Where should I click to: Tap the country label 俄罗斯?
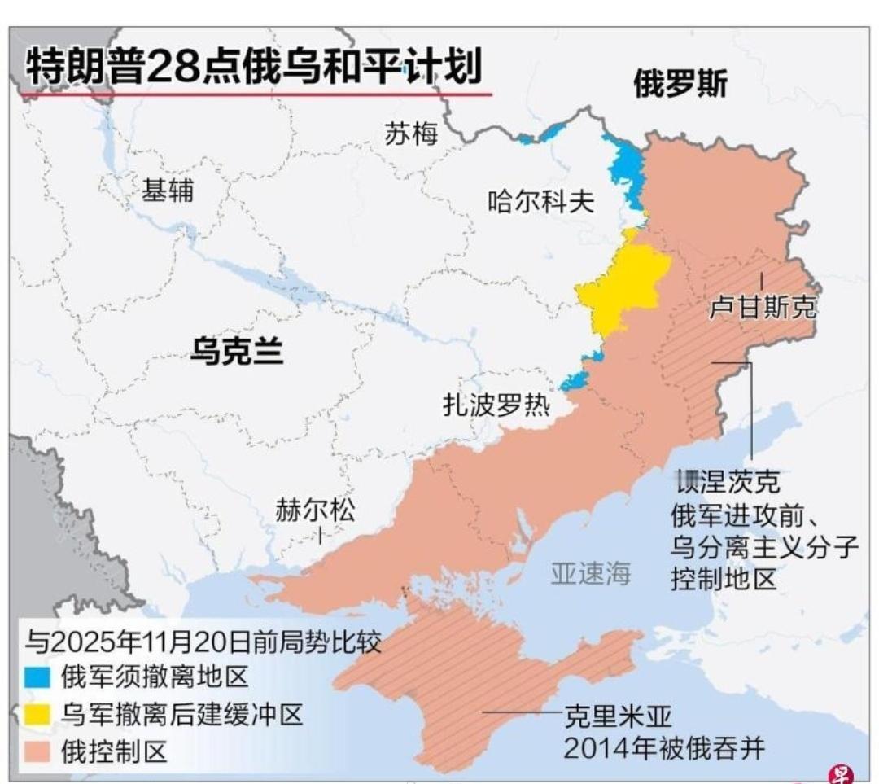[680, 84]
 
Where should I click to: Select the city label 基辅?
[168, 191]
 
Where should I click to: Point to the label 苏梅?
[411, 134]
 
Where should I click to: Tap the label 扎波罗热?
[496, 405]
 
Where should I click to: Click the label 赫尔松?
[315, 510]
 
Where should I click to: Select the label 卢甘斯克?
[762, 308]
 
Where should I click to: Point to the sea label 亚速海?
[590, 573]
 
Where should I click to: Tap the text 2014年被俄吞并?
[664, 748]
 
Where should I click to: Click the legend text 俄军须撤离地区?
[153, 677]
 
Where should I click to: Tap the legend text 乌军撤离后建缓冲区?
[181, 716]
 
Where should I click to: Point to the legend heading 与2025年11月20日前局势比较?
[203, 641]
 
